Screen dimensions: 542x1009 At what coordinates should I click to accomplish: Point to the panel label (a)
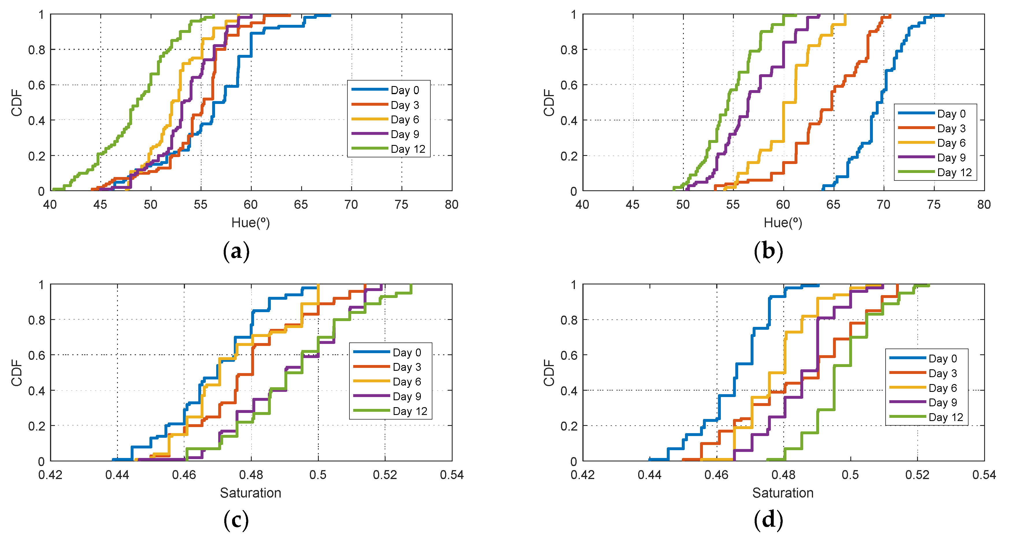point(236,251)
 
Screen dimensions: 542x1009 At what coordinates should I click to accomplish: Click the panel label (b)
point(768,251)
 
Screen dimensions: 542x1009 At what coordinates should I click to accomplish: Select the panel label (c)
point(236,520)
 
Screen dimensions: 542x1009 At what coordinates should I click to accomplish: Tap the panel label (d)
point(768,520)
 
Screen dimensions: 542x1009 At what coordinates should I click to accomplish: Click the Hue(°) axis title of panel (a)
point(250,223)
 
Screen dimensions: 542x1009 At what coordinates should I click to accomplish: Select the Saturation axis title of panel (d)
point(783,493)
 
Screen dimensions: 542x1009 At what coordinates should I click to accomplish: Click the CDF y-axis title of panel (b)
point(549,103)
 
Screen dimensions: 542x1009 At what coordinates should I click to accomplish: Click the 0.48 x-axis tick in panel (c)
point(251,475)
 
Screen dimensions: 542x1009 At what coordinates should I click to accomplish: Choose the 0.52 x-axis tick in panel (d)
point(917,475)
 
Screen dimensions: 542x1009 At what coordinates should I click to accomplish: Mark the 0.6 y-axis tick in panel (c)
point(36,355)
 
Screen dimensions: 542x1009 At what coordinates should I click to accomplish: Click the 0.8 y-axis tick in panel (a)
point(36,50)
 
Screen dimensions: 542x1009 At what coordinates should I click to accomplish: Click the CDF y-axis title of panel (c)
point(16,372)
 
